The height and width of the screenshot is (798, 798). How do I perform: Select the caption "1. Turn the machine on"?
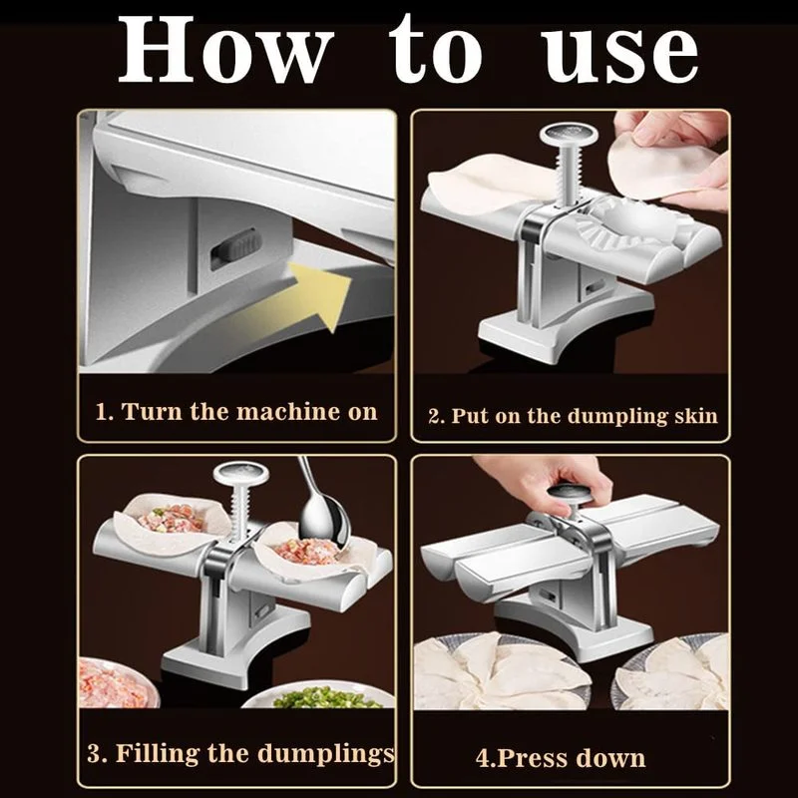pyautogui.click(x=236, y=411)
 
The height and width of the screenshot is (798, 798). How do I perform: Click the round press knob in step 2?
pyautogui.click(x=569, y=135)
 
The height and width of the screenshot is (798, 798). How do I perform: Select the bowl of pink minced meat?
pyautogui.click(x=117, y=683)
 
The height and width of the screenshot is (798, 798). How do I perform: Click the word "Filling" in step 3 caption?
pyautogui.click(x=157, y=754)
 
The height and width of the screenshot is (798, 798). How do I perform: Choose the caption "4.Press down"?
pyautogui.click(x=561, y=758)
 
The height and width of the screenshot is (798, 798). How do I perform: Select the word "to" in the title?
pyautogui.click(x=436, y=51)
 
